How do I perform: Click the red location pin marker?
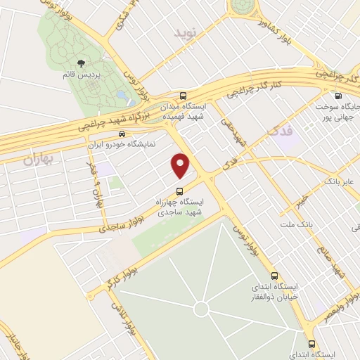[x=181, y=165]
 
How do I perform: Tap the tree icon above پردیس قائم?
[x=79, y=65]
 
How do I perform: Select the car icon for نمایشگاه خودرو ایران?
[x=122, y=133]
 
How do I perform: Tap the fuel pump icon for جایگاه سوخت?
[x=338, y=96]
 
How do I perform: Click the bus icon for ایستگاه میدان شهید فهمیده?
[x=184, y=96]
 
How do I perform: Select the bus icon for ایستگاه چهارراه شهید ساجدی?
[x=179, y=191]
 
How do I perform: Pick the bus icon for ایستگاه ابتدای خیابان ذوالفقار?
[x=274, y=276]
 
